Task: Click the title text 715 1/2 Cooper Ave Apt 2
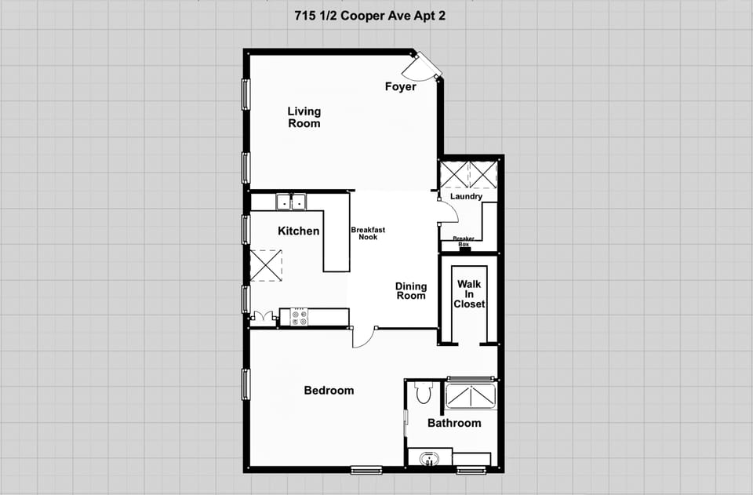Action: click(x=368, y=16)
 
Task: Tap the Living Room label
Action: click(x=304, y=118)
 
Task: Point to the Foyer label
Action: click(x=400, y=87)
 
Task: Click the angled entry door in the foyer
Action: click(x=427, y=66)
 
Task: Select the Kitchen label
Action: click(x=299, y=231)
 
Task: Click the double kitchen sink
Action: click(x=290, y=202)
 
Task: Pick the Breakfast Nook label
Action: click(x=368, y=233)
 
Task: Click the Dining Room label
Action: click(x=411, y=291)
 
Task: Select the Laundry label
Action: click(x=466, y=197)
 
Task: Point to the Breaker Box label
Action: click(x=464, y=241)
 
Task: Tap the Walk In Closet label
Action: click(x=469, y=293)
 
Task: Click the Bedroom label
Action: click(x=329, y=391)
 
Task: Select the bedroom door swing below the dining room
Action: click(x=362, y=337)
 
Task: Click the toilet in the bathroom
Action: click(x=424, y=392)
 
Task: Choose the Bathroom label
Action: click(x=454, y=424)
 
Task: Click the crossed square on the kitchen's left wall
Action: click(x=265, y=265)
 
